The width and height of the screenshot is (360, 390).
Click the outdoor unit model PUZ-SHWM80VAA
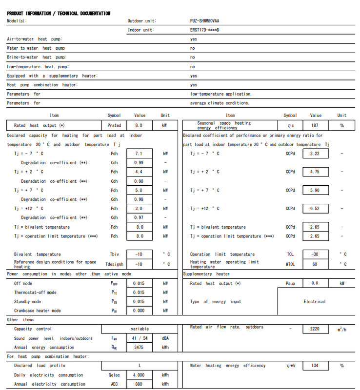click(x=204, y=21)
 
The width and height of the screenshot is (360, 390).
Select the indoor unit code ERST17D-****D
click(x=204, y=30)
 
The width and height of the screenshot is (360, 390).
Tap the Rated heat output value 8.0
click(x=140, y=125)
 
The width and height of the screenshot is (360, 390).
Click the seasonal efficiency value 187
click(x=316, y=125)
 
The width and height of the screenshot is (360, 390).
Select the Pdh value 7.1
click(x=140, y=154)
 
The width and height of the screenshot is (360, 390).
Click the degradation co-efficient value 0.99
click(x=140, y=163)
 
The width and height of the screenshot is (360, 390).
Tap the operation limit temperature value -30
click(x=315, y=254)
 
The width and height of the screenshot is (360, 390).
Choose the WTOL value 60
click(x=315, y=264)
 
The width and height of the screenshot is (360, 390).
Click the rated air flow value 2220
click(x=315, y=329)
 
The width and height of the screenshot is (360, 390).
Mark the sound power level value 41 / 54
click(x=140, y=338)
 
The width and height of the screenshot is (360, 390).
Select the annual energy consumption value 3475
click(x=140, y=348)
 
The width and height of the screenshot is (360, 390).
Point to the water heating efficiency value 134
click(x=316, y=366)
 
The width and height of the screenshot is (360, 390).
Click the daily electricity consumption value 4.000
click(x=140, y=375)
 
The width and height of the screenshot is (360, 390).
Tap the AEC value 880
click(x=140, y=384)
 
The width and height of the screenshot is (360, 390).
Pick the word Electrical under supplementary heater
click(x=314, y=302)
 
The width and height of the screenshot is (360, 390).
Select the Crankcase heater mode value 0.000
click(x=140, y=311)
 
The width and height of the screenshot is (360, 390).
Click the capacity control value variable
click(x=140, y=329)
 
